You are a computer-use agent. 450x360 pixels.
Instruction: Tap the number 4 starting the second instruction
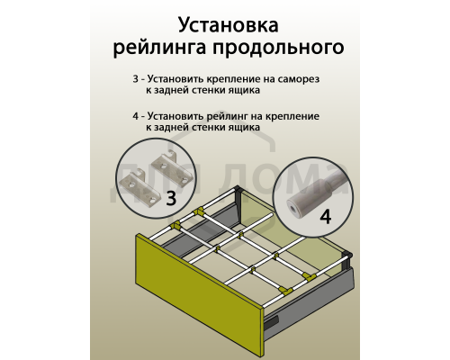pyautogui.click(x=135, y=117)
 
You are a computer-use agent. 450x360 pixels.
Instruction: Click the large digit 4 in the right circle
pyautogui.click(x=325, y=217)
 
